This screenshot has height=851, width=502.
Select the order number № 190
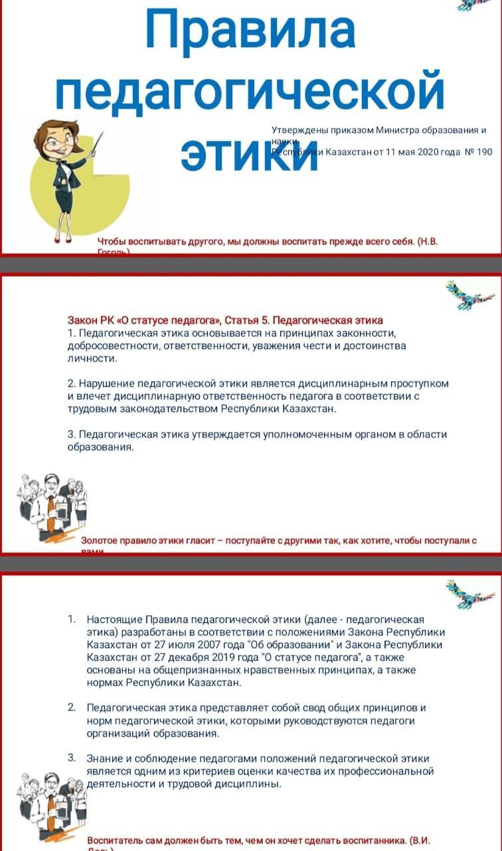pyautogui.click(x=477, y=152)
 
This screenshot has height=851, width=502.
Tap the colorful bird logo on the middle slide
pyautogui.click(x=469, y=294)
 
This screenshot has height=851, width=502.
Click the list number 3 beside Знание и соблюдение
pyautogui.click(x=72, y=758)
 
